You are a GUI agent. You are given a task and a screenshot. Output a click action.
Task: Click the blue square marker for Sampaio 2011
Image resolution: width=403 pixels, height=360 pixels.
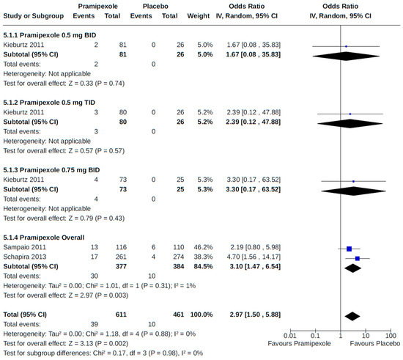(x=350, y=249)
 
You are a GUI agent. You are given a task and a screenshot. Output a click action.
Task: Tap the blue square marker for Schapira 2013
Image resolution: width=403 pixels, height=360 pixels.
(x=358, y=259)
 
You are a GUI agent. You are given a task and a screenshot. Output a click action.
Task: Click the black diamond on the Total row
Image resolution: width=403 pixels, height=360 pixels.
(x=352, y=316)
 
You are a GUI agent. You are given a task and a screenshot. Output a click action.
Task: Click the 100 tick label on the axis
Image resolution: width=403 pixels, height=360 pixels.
(x=389, y=334)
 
